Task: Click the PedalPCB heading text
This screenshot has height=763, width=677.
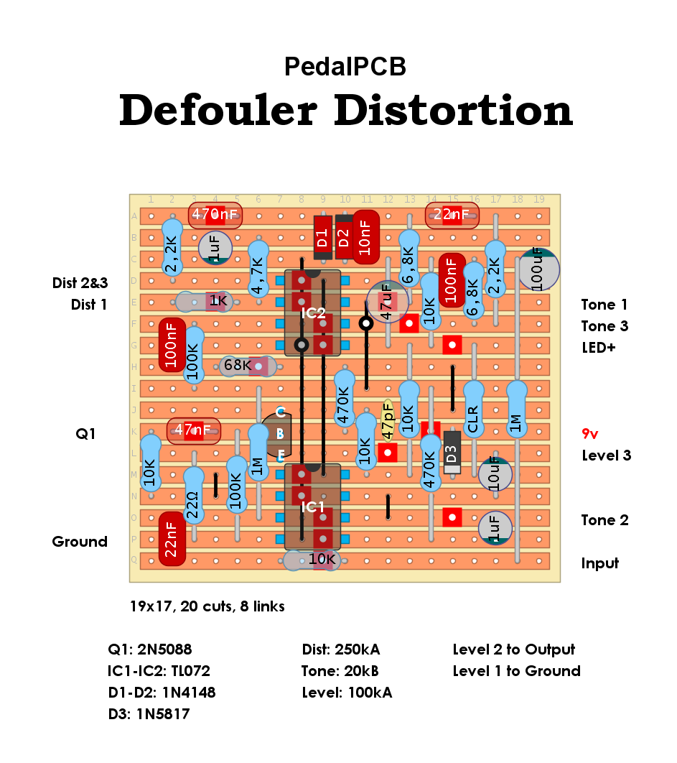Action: pyautogui.click(x=345, y=66)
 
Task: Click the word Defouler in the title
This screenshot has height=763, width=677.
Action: pyautogui.click(x=218, y=111)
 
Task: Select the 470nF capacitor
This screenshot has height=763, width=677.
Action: pyautogui.click(x=215, y=215)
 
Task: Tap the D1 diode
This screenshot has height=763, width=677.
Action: pyautogui.click(x=322, y=237)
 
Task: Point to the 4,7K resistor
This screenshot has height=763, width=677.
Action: pyautogui.click(x=258, y=269)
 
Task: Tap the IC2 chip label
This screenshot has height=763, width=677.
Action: pyautogui.click(x=313, y=313)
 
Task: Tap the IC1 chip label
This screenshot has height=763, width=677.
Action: pyautogui.click(x=313, y=507)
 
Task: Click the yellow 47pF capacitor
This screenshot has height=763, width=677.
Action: pyautogui.click(x=388, y=420)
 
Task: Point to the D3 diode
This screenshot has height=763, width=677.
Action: pyautogui.click(x=452, y=453)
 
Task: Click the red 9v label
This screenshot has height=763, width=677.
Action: pyautogui.click(x=590, y=433)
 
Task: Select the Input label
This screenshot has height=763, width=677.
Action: pyautogui.click(x=599, y=563)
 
